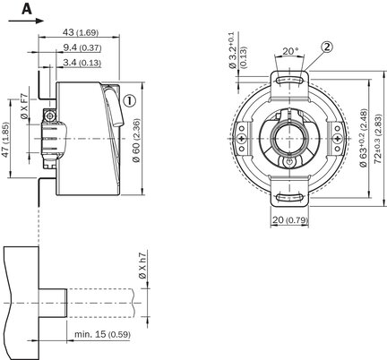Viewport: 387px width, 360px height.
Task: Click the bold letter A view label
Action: tap(27, 10)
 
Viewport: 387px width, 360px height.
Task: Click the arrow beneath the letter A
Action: tap(26, 21)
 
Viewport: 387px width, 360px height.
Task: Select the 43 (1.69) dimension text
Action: tap(81, 32)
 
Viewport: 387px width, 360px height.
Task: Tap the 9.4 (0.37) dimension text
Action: tap(82, 47)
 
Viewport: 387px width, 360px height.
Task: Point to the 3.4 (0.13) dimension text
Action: tap(82, 63)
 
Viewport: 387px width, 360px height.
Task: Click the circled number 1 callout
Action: tap(129, 101)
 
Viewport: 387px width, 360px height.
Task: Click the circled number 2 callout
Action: tap(327, 47)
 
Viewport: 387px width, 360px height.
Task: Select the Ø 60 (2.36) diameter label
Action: tap(136, 141)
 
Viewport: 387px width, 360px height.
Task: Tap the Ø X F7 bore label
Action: tap(24, 107)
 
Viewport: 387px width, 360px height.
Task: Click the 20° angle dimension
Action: tap(290, 51)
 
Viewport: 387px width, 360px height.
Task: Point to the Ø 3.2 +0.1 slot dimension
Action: tap(236, 50)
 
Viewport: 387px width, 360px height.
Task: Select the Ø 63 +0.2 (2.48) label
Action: tap(364, 138)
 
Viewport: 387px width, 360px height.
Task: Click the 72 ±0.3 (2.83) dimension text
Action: tap(378, 139)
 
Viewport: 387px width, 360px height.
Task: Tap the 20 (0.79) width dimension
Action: tap(289, 220)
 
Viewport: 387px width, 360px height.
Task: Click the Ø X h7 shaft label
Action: tap(142, 266)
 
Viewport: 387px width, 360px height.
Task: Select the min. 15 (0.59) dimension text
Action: tap(102, 334)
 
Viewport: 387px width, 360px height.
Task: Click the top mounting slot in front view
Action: tap(289, 80)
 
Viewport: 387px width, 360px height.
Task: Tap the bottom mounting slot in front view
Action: tap(289, 197)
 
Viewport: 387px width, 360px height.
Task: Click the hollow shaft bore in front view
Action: tap(289, 139)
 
